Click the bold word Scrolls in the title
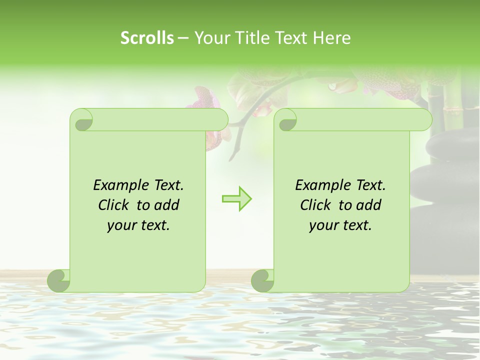[x=147, y=38]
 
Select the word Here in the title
[x=331, y=38]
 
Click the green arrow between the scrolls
[x=236, y=198]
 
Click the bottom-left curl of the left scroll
[x=59, y=280]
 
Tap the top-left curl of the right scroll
[x=286, y=120]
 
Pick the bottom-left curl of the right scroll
[x=263, y=280]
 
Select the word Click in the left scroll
[x=114, y=205]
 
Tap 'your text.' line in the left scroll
[x=138, y=225]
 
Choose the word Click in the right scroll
[x=316, y=205]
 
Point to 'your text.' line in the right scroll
[x=340, y=225]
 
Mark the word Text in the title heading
[x=291, y=38]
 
